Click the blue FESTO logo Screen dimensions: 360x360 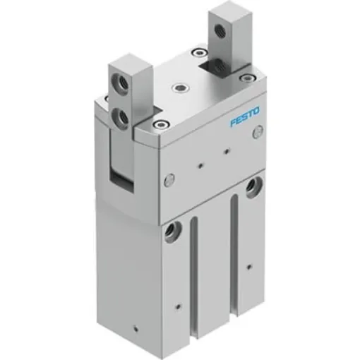point(244,116)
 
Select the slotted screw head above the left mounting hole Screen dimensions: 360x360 point(169,179)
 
